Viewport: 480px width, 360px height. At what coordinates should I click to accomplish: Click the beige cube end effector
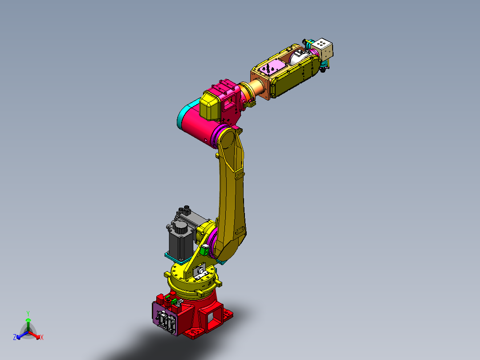point(323,49)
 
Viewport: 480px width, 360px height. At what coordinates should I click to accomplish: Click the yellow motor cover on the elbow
point(210,106)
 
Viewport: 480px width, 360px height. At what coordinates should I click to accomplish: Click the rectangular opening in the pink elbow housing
point(229,102)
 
